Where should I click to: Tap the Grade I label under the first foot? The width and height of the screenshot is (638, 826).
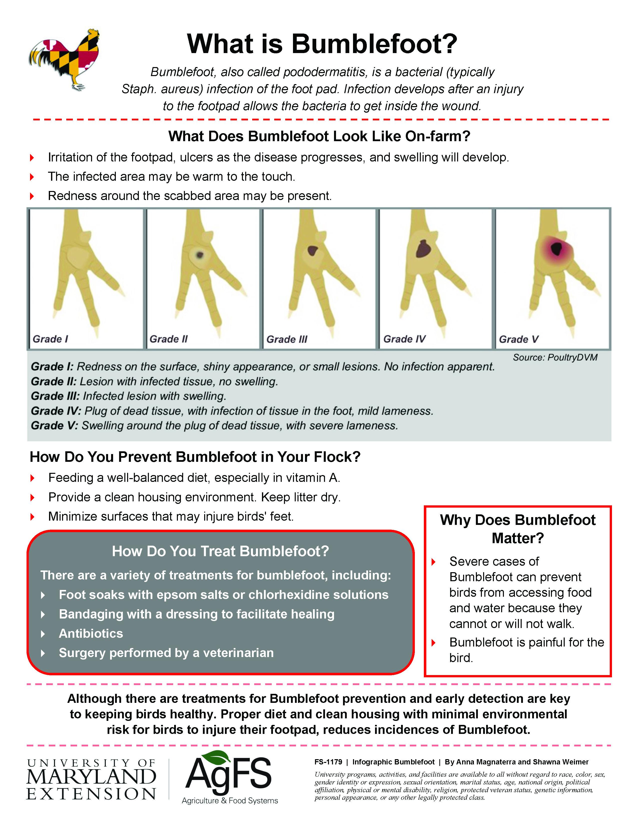click(50, 339)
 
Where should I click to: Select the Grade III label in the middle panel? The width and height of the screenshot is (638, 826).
click(287, 339)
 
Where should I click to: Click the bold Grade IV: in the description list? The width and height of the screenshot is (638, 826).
click(56, 411)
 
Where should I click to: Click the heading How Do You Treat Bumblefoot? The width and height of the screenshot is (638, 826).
click(220, 551)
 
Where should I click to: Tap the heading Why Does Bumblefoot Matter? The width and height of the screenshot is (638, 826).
click(517, 529)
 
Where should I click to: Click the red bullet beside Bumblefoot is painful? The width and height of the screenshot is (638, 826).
click(434, 643)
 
